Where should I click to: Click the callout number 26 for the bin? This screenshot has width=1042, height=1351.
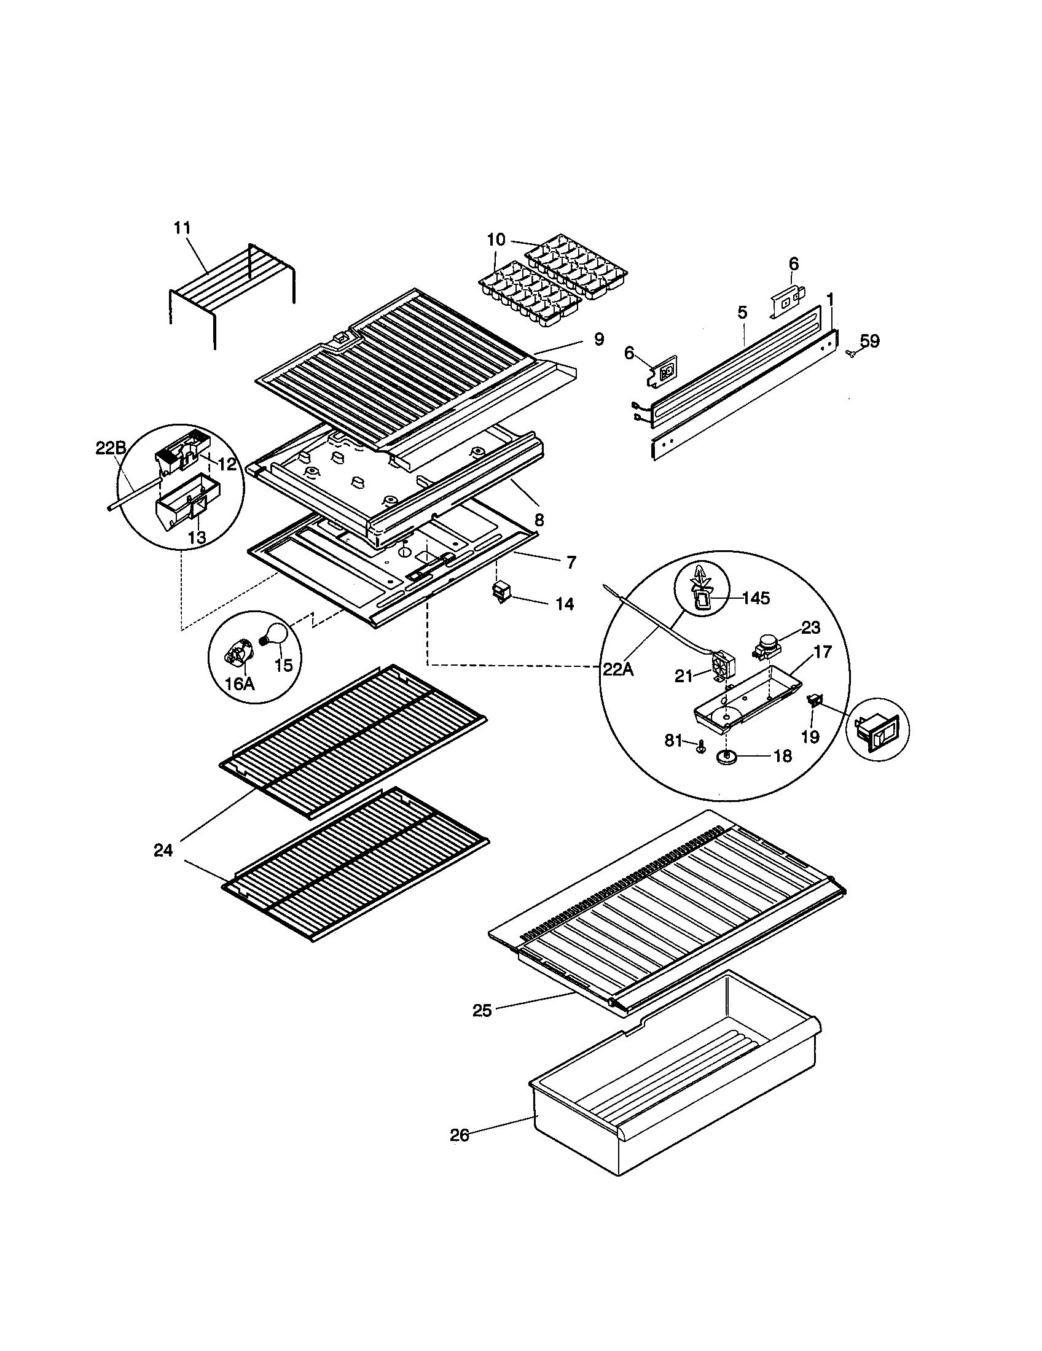pos(460,1135)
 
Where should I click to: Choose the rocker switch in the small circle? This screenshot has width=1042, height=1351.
pos(876,731)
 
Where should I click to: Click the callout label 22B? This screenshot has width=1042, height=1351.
pos(111,448)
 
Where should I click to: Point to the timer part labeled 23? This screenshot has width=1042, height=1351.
pos(766,648)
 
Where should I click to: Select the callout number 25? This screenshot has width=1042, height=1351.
pos(482,1010)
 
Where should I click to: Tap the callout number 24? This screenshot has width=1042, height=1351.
pos(163,851)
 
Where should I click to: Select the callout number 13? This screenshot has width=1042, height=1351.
pos(197,537)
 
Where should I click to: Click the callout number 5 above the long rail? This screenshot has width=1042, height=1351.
pos(742,313)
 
